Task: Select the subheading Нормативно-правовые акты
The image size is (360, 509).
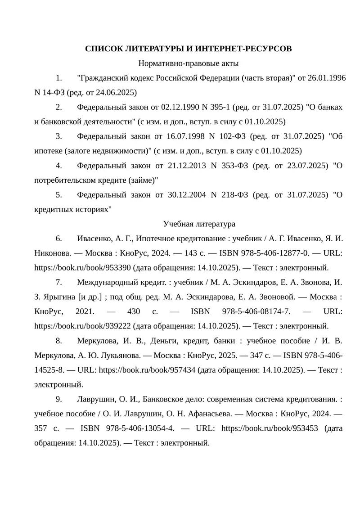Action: click(188, 63)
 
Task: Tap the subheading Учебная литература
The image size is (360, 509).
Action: click(199, 224)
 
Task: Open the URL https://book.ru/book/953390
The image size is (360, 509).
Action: click(82, 267)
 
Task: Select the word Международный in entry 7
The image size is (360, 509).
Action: click(108, 282)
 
